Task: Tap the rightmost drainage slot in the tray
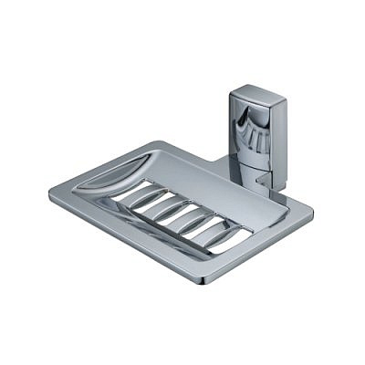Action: pyautogui.click(x=213, y=235)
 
